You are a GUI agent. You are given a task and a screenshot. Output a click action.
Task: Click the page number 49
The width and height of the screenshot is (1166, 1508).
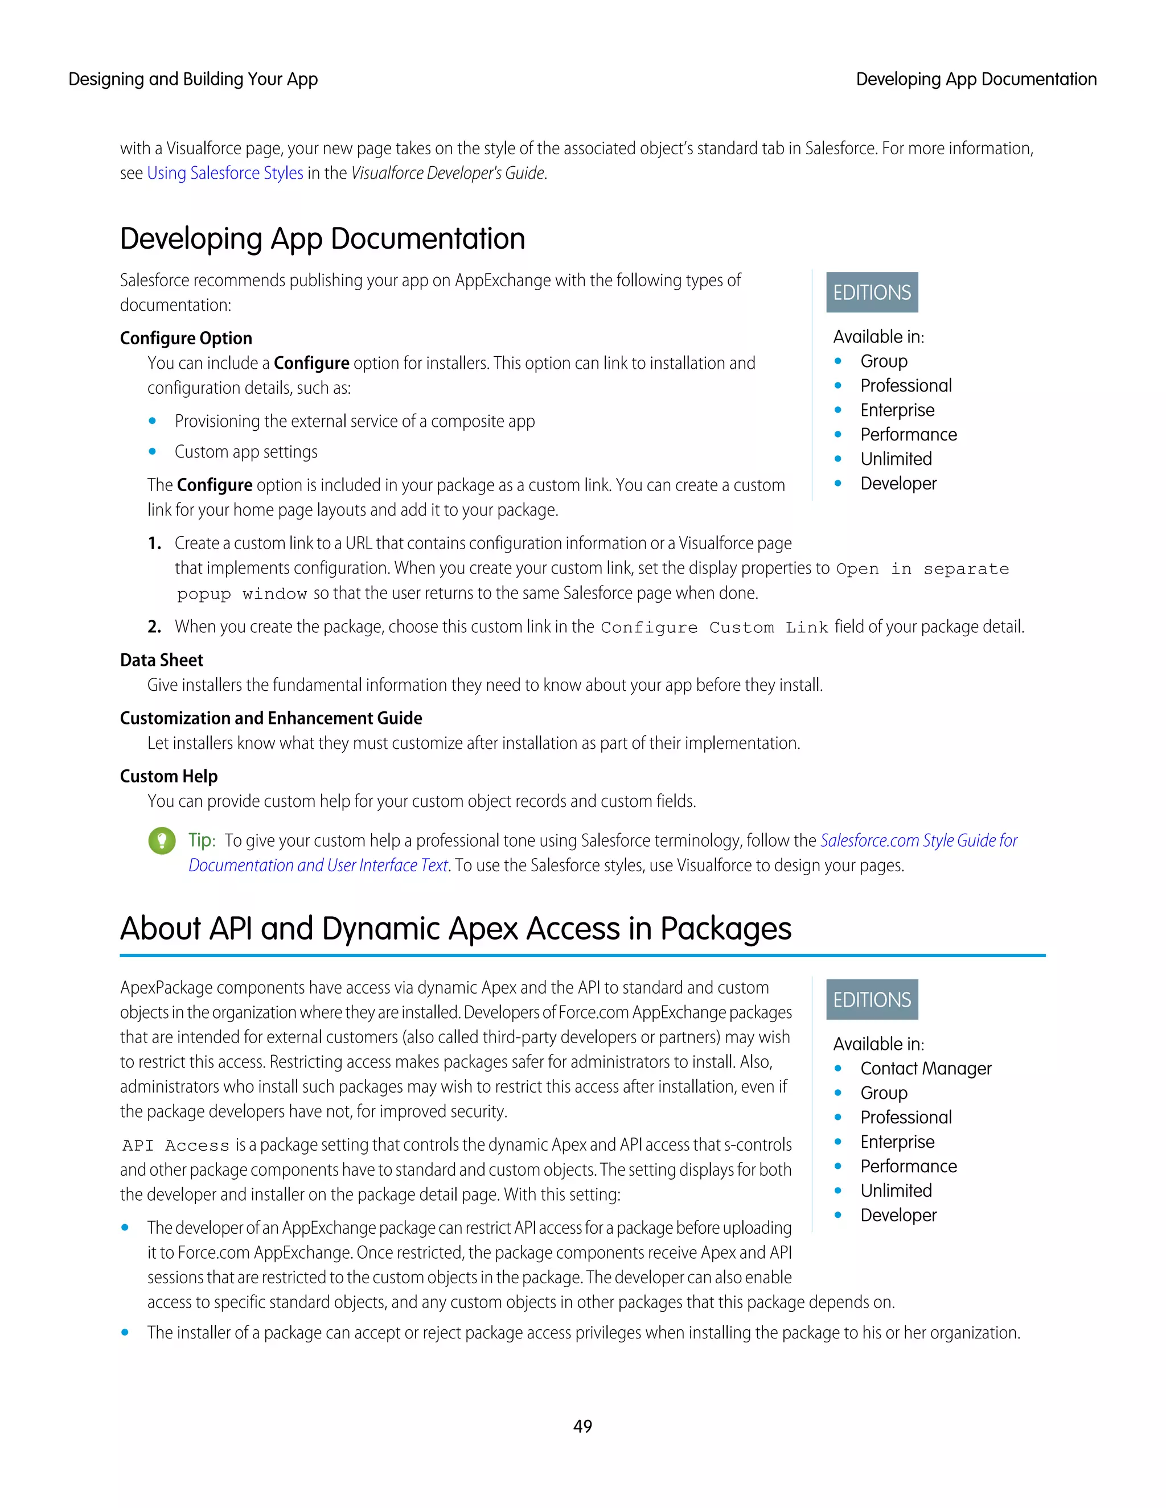pos(582,1426)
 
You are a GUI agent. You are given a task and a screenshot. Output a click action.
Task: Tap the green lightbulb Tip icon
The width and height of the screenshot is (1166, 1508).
pos(162,840)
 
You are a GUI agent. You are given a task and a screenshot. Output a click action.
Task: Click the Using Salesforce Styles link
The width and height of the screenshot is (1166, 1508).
pos(225,174)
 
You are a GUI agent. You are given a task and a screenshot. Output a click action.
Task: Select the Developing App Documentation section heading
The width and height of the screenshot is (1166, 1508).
pos(323,239)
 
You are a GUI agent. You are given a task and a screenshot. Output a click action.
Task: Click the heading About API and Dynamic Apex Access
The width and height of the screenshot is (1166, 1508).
pos(455,929)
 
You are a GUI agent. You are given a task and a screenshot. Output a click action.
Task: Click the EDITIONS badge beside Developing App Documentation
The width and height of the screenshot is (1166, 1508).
pos(872,292)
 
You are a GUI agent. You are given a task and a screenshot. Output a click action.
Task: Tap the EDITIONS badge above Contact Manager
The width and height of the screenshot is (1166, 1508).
pos(872,1000)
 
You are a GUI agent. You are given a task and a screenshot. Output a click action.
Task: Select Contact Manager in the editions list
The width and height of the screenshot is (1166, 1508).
pos(926,1069)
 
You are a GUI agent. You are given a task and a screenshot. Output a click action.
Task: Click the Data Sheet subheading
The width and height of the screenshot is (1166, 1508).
pos(162,660)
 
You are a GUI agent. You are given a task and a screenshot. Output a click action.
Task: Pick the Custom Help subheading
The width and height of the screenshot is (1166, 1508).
pos(169,776)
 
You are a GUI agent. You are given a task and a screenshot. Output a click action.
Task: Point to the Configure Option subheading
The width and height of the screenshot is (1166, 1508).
pos(186,339)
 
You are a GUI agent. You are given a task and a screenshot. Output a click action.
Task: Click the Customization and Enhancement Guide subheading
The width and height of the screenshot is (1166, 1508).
pos(271,718)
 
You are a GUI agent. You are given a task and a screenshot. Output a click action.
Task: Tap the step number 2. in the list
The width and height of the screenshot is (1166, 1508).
pos(155,627)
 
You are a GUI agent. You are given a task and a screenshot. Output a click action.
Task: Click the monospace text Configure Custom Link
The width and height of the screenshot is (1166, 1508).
pos(715,628)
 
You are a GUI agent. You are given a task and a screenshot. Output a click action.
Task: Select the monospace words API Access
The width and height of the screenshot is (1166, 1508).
pos(175,1146)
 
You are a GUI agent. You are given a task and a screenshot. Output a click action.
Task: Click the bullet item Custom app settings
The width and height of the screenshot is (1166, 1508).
pos(246,452)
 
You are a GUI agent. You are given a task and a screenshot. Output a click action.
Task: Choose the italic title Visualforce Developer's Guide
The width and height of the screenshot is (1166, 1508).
pos(448,174)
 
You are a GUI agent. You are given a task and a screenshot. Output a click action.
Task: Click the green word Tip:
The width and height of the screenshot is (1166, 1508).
pos(202,840)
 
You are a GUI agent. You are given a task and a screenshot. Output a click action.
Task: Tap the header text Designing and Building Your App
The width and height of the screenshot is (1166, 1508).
pos(193,80)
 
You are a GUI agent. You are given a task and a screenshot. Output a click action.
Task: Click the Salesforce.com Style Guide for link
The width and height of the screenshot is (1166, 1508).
pos(919,840)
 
